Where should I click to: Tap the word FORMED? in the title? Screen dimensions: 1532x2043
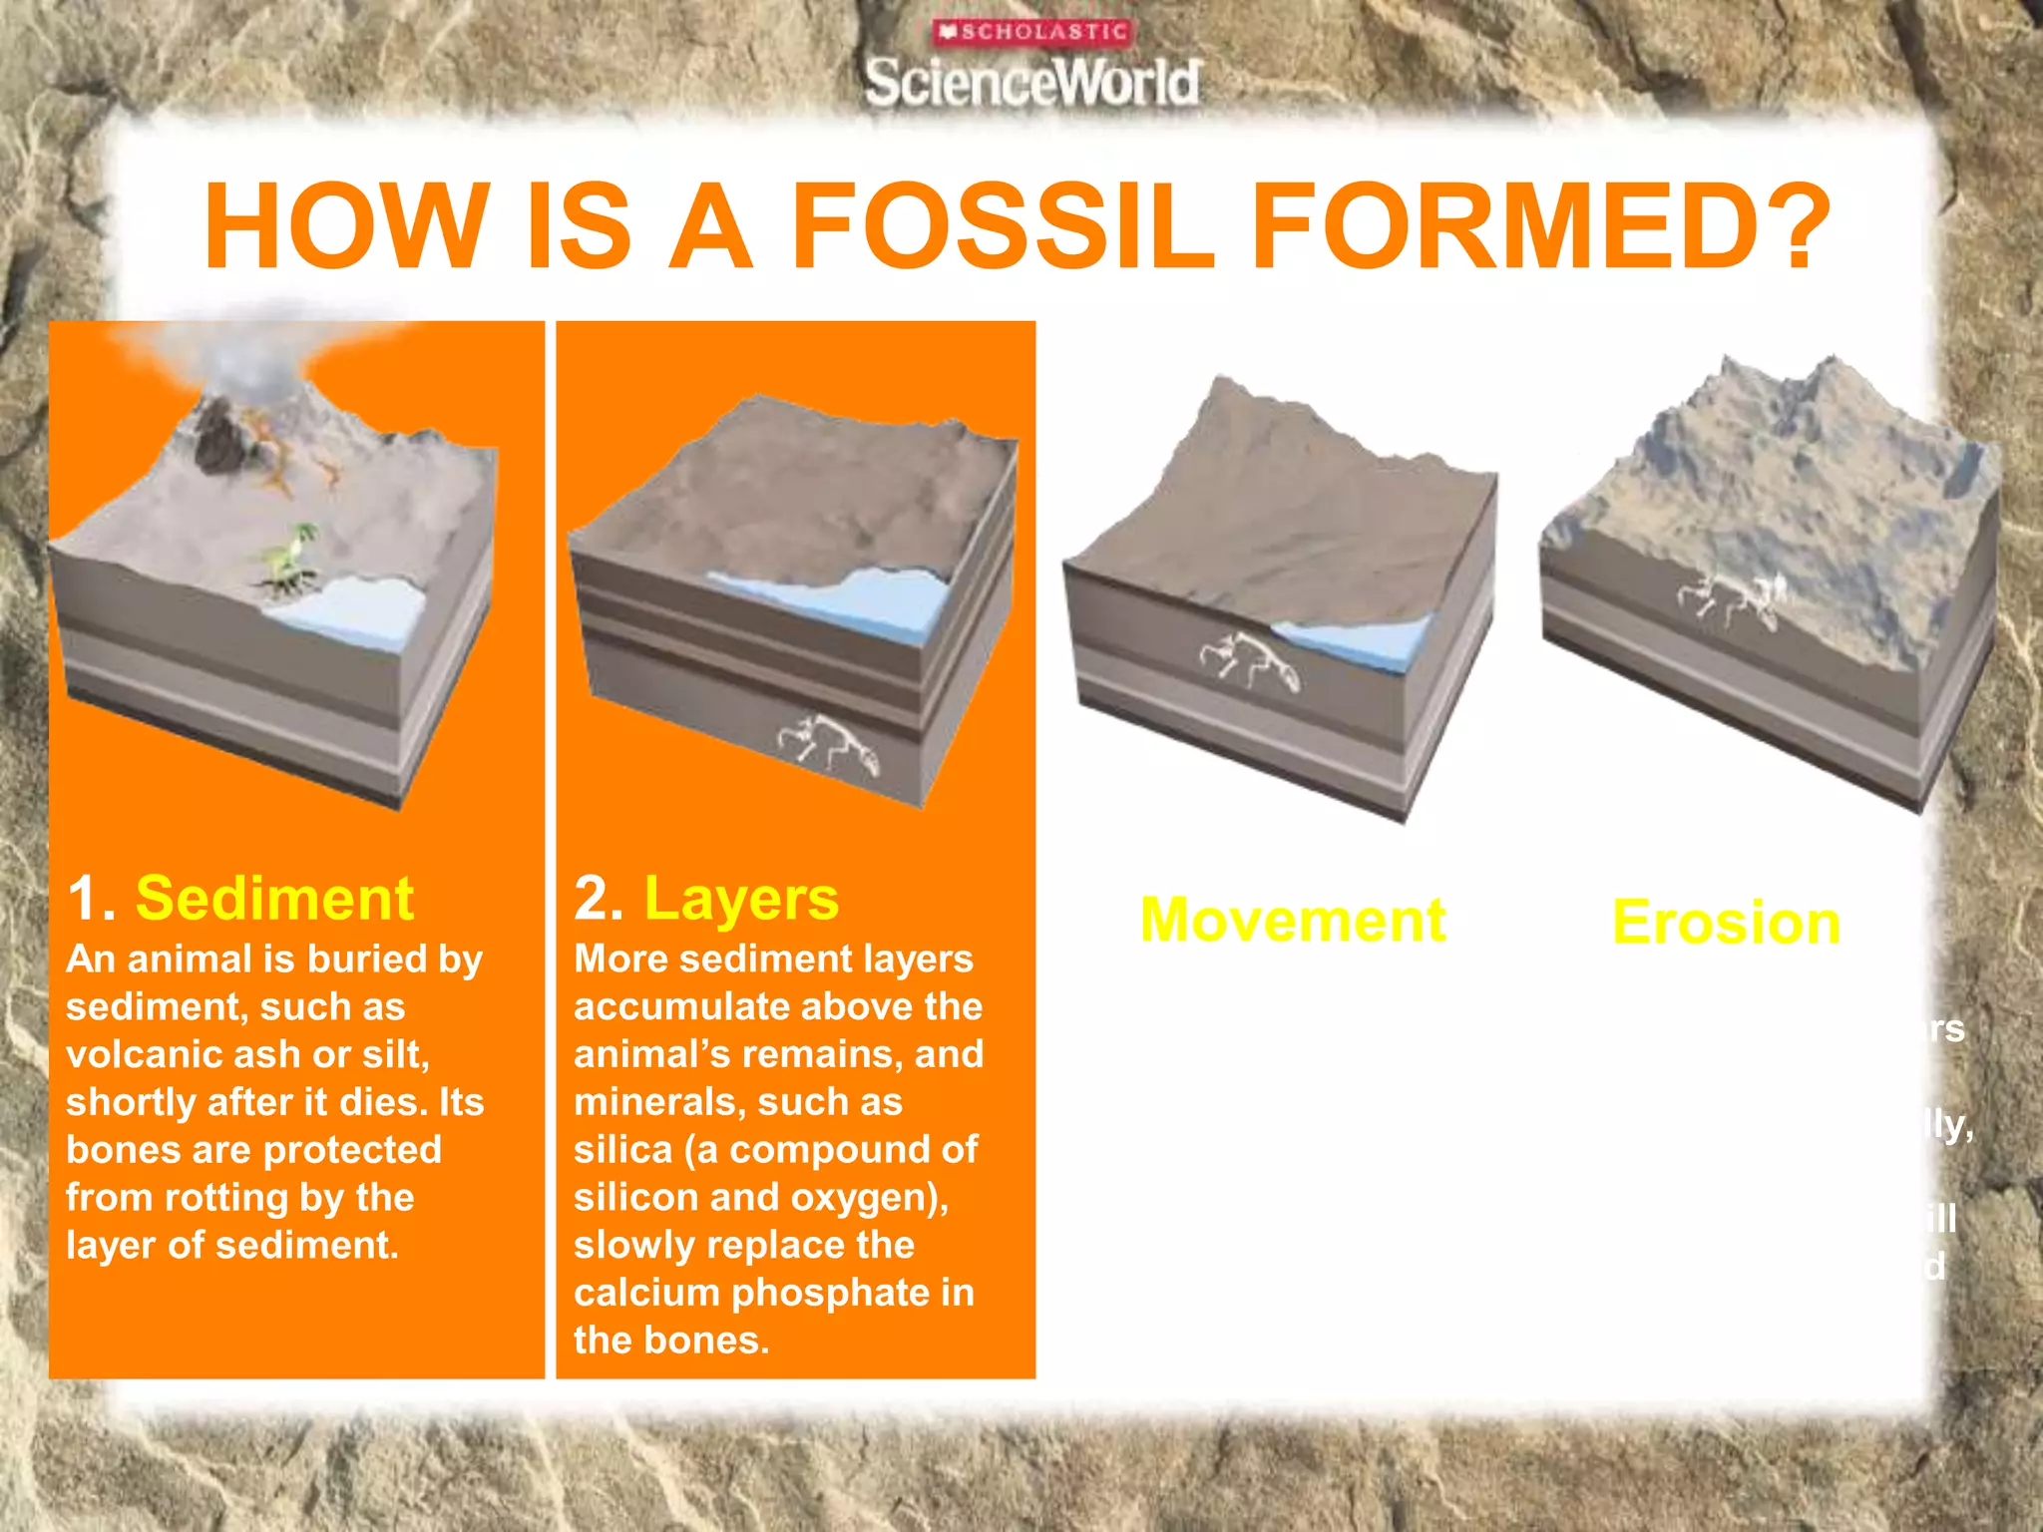pyautogui.click(x=1540, y=226)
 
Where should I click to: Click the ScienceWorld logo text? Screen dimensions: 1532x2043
pyautogui.click(x=1032, y=82)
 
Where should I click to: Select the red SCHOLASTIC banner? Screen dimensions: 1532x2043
pyautogui.click(x=1032, y=32)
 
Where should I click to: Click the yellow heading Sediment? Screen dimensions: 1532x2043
pyautogui.click(x=274, y=898)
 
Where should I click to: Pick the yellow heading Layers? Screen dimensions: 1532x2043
pyautogui.click(x=741, y=898)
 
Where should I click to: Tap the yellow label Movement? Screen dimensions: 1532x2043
pyautogui.click(x=1293, y=920)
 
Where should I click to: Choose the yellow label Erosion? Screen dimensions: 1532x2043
pyautogui.click(x=1726, y=923)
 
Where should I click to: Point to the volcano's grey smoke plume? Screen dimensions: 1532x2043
pyautogui.click(x=249, y=349)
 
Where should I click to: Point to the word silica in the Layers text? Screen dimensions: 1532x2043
pyautogui.click(x=623, y=1150)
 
